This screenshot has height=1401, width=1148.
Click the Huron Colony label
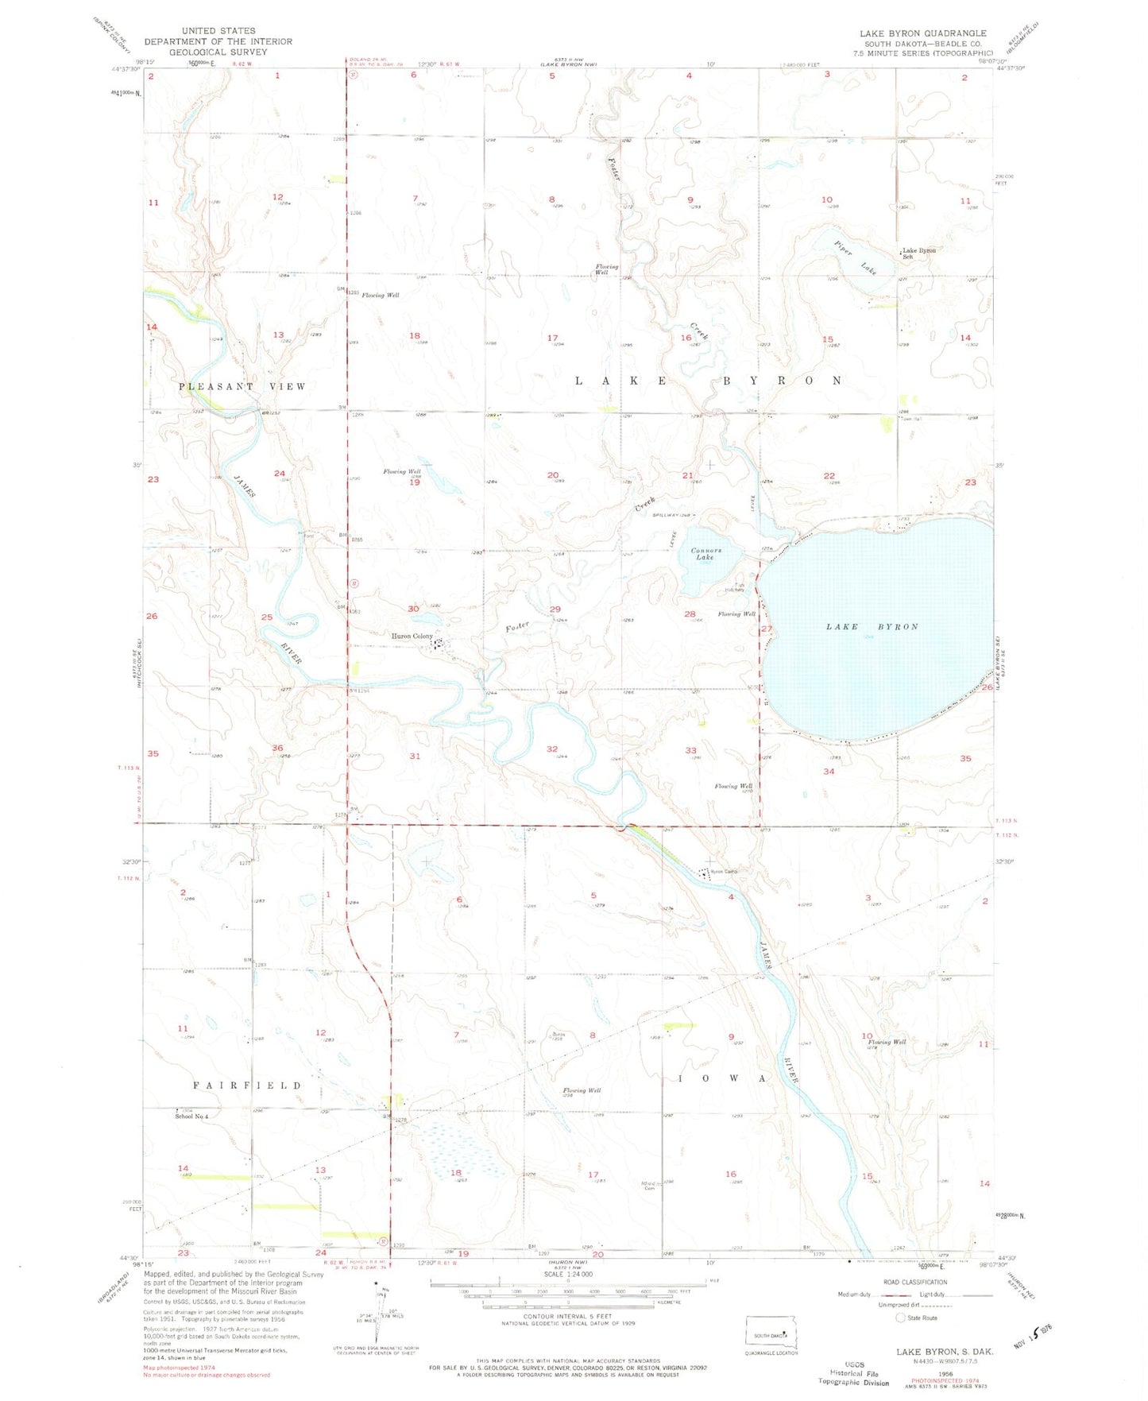(411, 637)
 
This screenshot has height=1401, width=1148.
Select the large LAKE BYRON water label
(872, 627)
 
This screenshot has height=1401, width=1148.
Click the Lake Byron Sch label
(918, 253)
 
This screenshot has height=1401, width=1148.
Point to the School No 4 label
(191, 1117)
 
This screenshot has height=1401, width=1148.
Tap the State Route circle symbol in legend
(900, 1318)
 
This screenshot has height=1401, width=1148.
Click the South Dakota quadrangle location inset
(771, 1334)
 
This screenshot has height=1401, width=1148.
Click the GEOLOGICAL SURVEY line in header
(218, 52)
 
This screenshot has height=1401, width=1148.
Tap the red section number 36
(277, 748)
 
